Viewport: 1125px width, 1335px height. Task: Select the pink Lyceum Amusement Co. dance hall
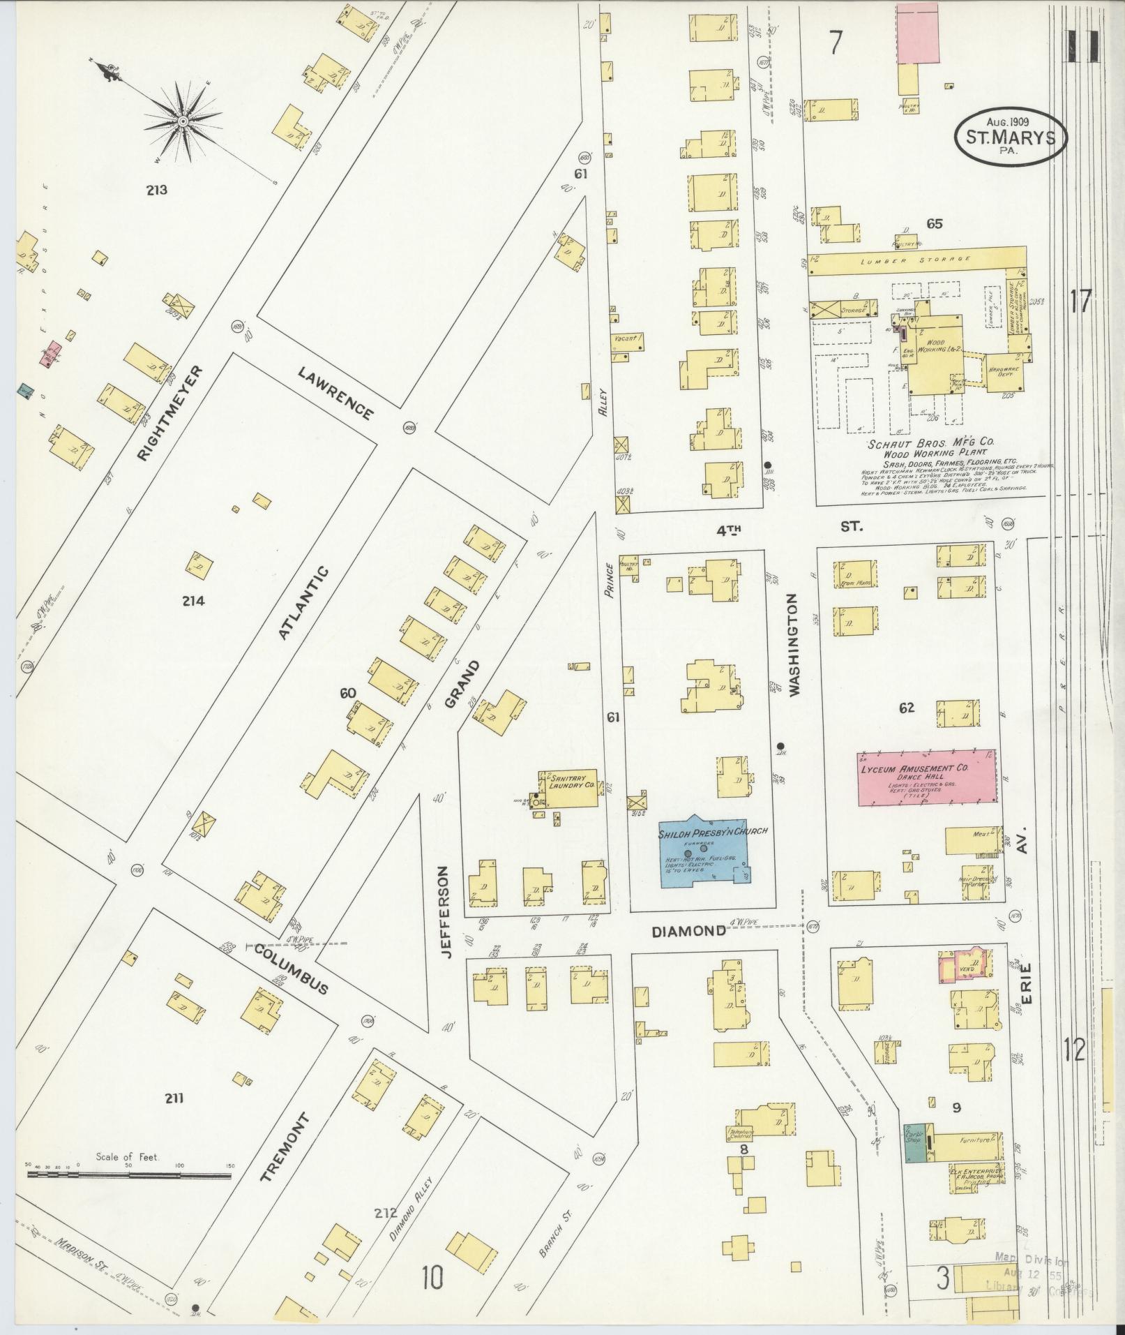926,777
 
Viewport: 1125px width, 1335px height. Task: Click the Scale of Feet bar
129,1175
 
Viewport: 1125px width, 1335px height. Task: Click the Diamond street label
688,931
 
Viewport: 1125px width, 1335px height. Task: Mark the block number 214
193,600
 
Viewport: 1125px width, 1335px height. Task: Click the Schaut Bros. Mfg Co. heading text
930,443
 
